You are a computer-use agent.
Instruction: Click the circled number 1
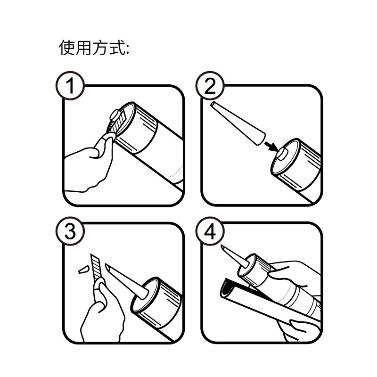(x=70, y=86)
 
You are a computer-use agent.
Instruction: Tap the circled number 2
(x=210, y=86)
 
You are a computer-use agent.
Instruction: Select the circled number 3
(x=70, y=231)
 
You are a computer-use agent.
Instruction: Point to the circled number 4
(x=210, y=231)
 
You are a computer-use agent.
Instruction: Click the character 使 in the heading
(x=67, y=48)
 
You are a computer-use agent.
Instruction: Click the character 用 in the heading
(x=83, y=48)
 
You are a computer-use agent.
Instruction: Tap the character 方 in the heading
(x=99, y=48)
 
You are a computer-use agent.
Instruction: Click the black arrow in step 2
(x=271, y=147)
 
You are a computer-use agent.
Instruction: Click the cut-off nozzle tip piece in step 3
(x=84, y=270)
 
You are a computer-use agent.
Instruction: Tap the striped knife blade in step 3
(x=96, y=267)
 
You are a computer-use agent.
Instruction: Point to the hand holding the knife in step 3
(x=103, y=312)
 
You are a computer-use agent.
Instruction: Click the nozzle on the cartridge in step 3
(x=127, y=281)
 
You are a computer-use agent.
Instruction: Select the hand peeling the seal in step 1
(x=89, y=164)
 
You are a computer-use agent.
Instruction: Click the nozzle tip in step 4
(x=222, y=247)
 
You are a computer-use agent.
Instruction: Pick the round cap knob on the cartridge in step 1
(x=115, y=115)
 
